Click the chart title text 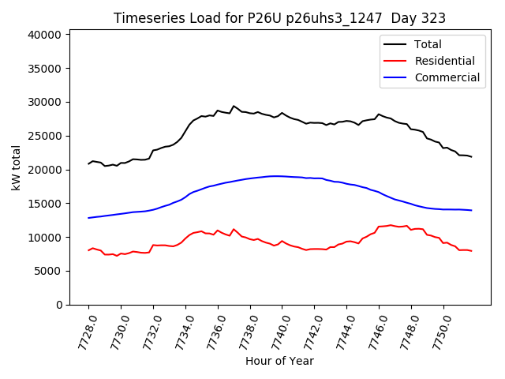coord(279,18)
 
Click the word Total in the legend coord(428,44)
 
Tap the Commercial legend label coord(447,77)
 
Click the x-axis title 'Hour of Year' coord(279,361)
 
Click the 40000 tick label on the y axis coord(44,35)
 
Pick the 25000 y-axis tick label coord(44,136)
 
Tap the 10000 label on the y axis coord(44,237)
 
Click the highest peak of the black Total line coord(234,106)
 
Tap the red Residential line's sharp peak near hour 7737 coord(234,229)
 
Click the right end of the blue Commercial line coord(471,210)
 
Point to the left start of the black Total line coord(88,163)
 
